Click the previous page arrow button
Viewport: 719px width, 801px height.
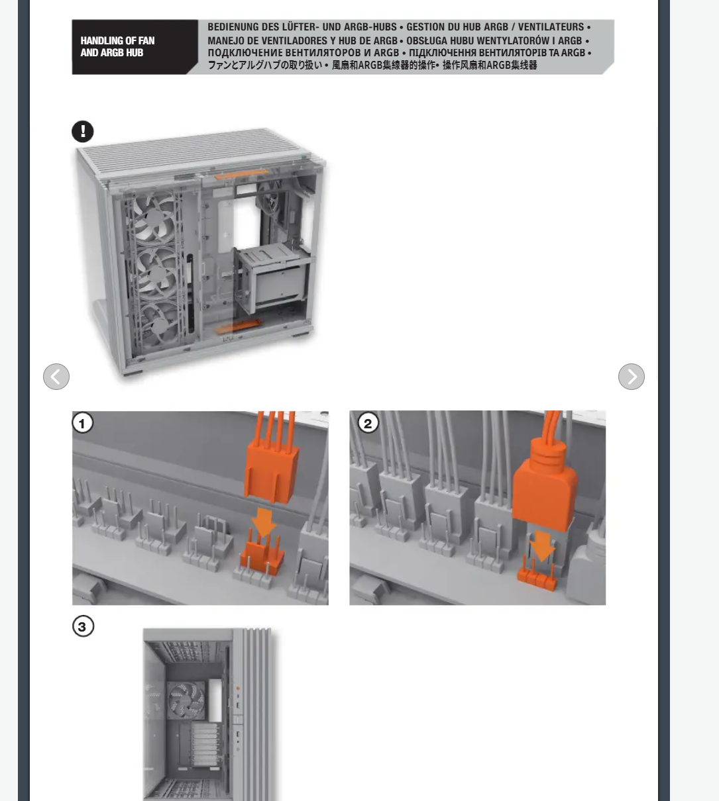tap(56, 377)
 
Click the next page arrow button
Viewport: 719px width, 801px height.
tap(631, 377)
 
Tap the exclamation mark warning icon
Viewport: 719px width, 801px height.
tap(83, 131)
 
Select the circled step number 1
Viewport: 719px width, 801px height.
tap(83, 423)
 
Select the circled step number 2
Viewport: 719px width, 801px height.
tap(368, 423)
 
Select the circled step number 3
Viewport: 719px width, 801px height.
tap(83, 626)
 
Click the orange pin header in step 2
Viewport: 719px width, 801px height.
tap(537, 574)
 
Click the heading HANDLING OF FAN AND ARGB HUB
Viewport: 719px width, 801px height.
tap(117, 46)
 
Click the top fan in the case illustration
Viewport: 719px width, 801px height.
tap(154, 218)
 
